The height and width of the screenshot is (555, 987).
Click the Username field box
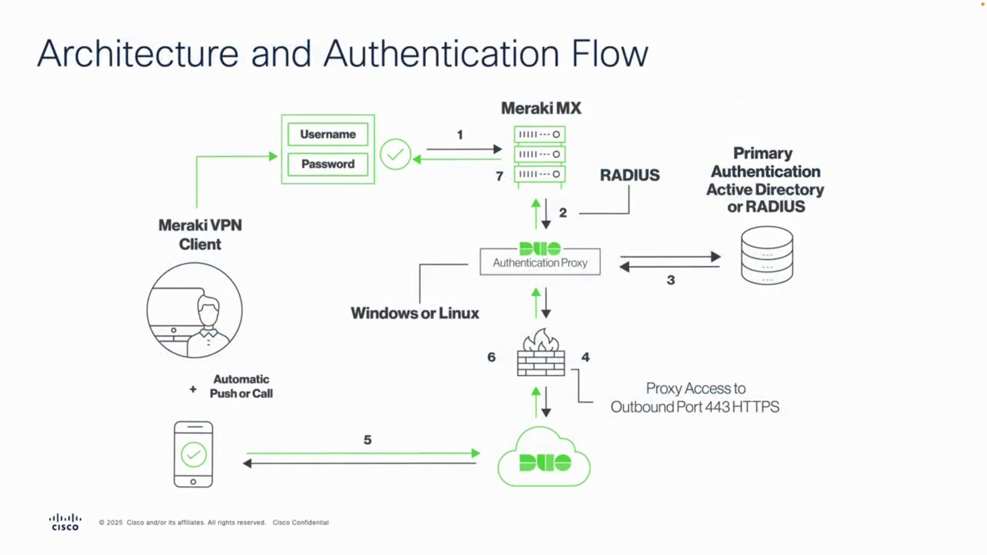(328, 134)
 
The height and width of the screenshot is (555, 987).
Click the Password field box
(328, 164)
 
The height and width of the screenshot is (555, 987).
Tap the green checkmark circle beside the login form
(395, 154)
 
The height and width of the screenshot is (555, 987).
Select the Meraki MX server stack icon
(540, 156)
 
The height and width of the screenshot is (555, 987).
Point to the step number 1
(460, 135)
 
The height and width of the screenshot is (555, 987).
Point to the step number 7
(499, 176)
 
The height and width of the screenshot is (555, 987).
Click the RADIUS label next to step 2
(630, 175)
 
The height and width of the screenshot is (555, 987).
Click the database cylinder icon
(767, 255)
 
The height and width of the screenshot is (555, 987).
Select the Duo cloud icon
(544, 457)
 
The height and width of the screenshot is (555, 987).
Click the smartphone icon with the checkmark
(193, 454)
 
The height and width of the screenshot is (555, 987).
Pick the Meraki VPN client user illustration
(194, 310)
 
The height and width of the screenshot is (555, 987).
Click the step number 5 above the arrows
(368, 440)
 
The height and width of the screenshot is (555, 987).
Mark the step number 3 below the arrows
(671, 280)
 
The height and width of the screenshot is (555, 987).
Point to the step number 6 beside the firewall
(491, 357)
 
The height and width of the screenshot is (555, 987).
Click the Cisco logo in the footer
(65, 522)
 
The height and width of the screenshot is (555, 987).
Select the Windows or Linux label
(415, 313)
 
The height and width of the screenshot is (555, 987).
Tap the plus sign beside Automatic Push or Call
(193, 389)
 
